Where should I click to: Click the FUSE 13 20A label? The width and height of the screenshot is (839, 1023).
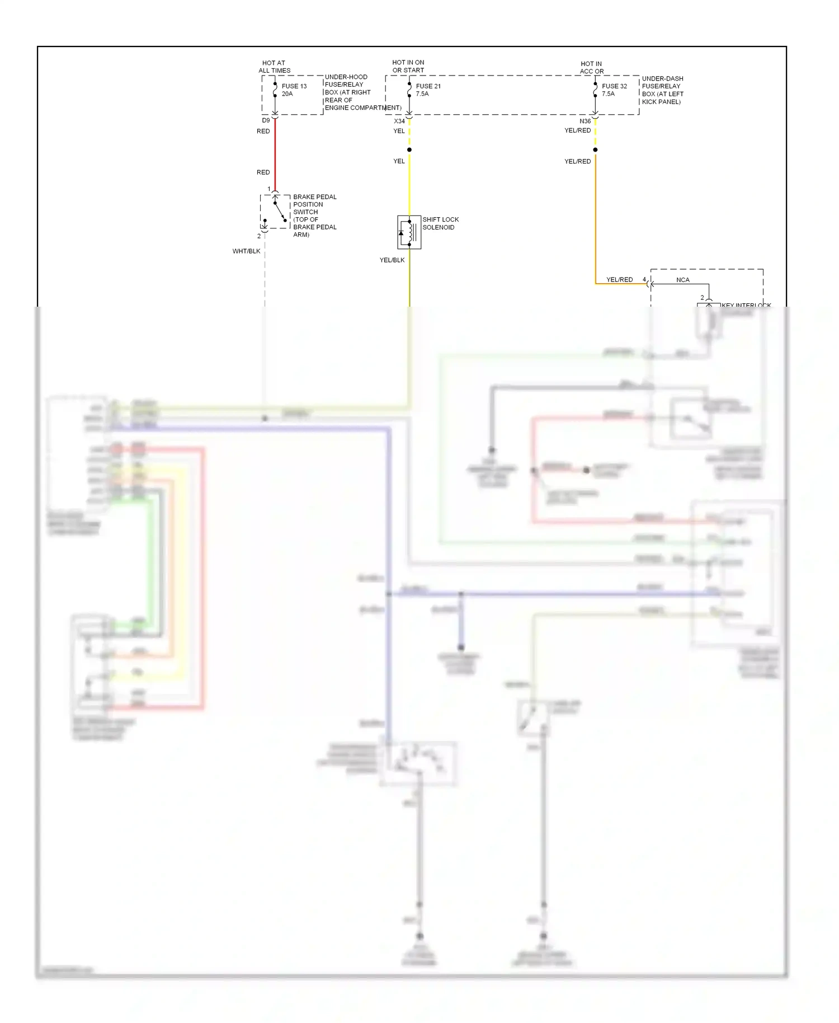(294, 90)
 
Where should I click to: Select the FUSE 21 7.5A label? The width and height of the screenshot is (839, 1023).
(428, 90)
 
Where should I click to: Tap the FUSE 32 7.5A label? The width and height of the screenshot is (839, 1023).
(614, 90)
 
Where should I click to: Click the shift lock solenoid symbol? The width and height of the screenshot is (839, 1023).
(409, 232)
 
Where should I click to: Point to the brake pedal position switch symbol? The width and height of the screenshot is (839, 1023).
(275, 212)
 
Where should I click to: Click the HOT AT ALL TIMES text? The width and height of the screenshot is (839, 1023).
(274, 67)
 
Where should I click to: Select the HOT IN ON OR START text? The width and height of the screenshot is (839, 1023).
(408, 66)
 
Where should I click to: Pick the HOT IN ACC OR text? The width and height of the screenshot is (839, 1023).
(591, 68)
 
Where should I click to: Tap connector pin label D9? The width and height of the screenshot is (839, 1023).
(266, 120)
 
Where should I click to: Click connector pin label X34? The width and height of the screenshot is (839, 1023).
(399, 121)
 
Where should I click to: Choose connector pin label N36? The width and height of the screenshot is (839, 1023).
(585, 121)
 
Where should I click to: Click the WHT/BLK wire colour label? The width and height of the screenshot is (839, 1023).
(246, 251)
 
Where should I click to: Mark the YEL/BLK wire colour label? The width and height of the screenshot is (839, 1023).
(392, 260)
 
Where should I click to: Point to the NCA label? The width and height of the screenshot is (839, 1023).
(682, 280)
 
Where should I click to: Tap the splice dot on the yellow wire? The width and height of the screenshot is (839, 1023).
(409, 150)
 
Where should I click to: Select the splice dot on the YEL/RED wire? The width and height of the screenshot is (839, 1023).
(595, 150)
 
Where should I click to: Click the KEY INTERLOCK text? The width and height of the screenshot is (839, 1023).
(746, 305)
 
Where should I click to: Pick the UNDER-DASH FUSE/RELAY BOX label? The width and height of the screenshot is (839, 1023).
(662, 90)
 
